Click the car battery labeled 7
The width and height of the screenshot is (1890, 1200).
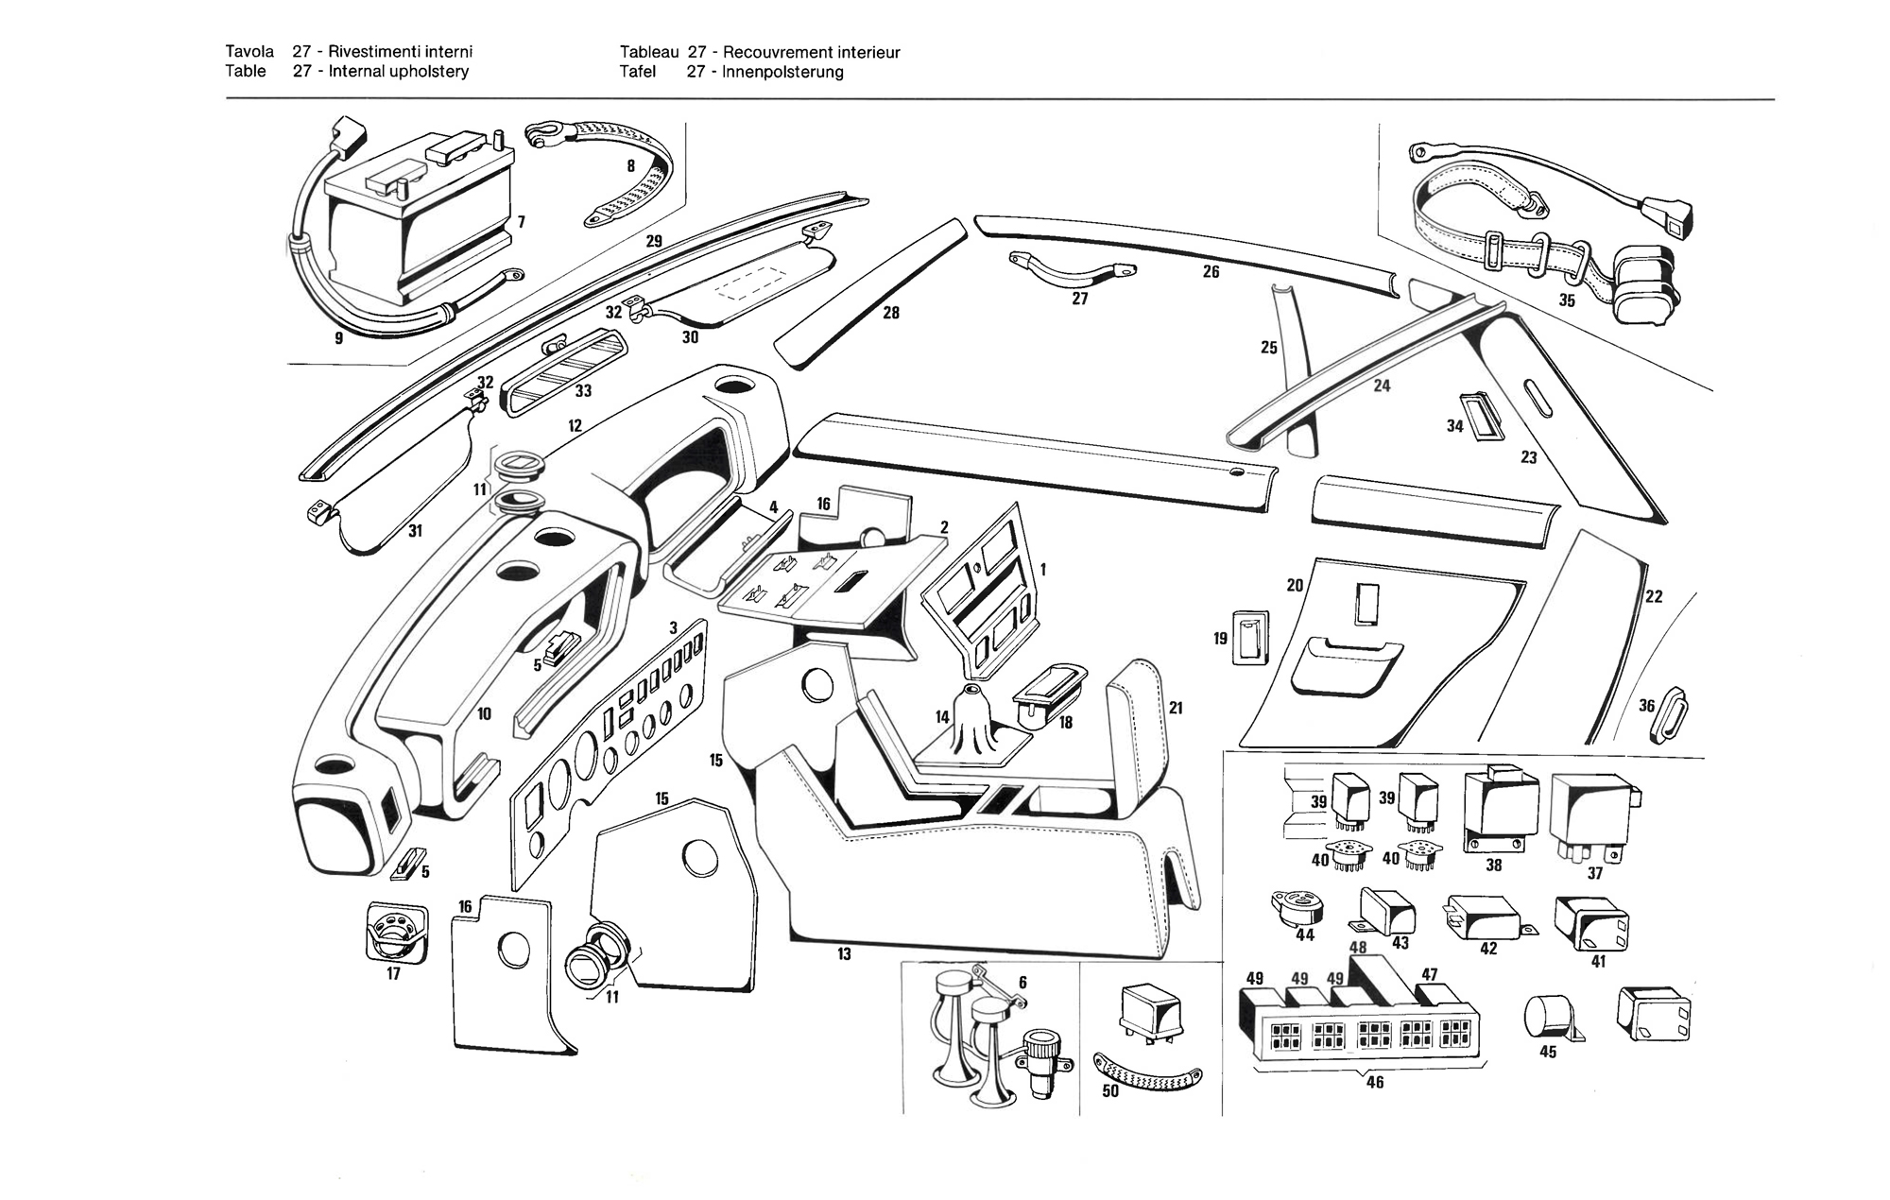point(416,222)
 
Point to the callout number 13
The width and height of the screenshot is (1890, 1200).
point(844,954)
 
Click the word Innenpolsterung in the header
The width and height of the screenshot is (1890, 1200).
point(782,72)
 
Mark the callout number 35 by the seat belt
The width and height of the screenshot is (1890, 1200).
point(1567,300)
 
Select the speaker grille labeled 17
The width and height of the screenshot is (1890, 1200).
point(396,934)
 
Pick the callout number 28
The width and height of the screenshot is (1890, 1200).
point(890,313)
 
